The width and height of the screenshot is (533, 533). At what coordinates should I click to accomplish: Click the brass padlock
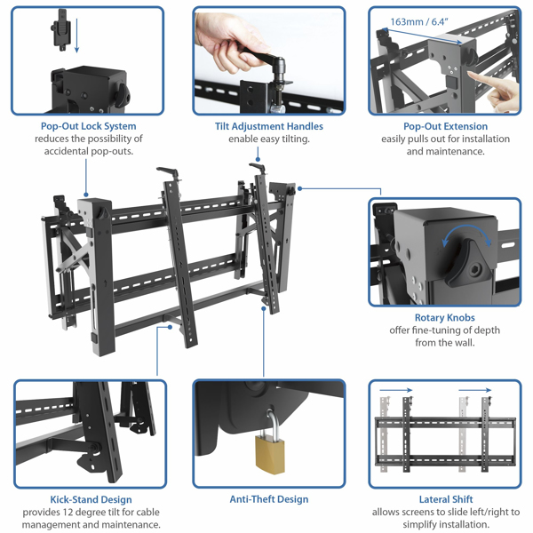267,452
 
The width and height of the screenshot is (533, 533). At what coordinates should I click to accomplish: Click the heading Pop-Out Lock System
89,126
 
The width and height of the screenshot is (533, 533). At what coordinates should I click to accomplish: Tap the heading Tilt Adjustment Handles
269,126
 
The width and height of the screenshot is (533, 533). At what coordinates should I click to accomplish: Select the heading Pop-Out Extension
446,126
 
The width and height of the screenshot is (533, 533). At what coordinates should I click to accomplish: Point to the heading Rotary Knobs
444,317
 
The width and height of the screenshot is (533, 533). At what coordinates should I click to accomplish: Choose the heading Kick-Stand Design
89,499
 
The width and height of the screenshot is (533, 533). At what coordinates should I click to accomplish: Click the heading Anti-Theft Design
269,499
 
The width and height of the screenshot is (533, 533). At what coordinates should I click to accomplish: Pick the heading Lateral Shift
445,499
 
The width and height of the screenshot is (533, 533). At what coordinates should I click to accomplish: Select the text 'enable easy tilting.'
269,139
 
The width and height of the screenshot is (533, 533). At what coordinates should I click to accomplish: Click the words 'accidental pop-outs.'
89,152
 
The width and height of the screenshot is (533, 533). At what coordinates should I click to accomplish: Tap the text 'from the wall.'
444,343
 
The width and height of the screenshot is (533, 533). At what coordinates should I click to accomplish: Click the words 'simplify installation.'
445,525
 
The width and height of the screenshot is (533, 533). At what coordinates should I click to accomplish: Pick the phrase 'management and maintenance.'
89,525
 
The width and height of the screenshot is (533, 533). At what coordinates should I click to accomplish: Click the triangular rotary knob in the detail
469,261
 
